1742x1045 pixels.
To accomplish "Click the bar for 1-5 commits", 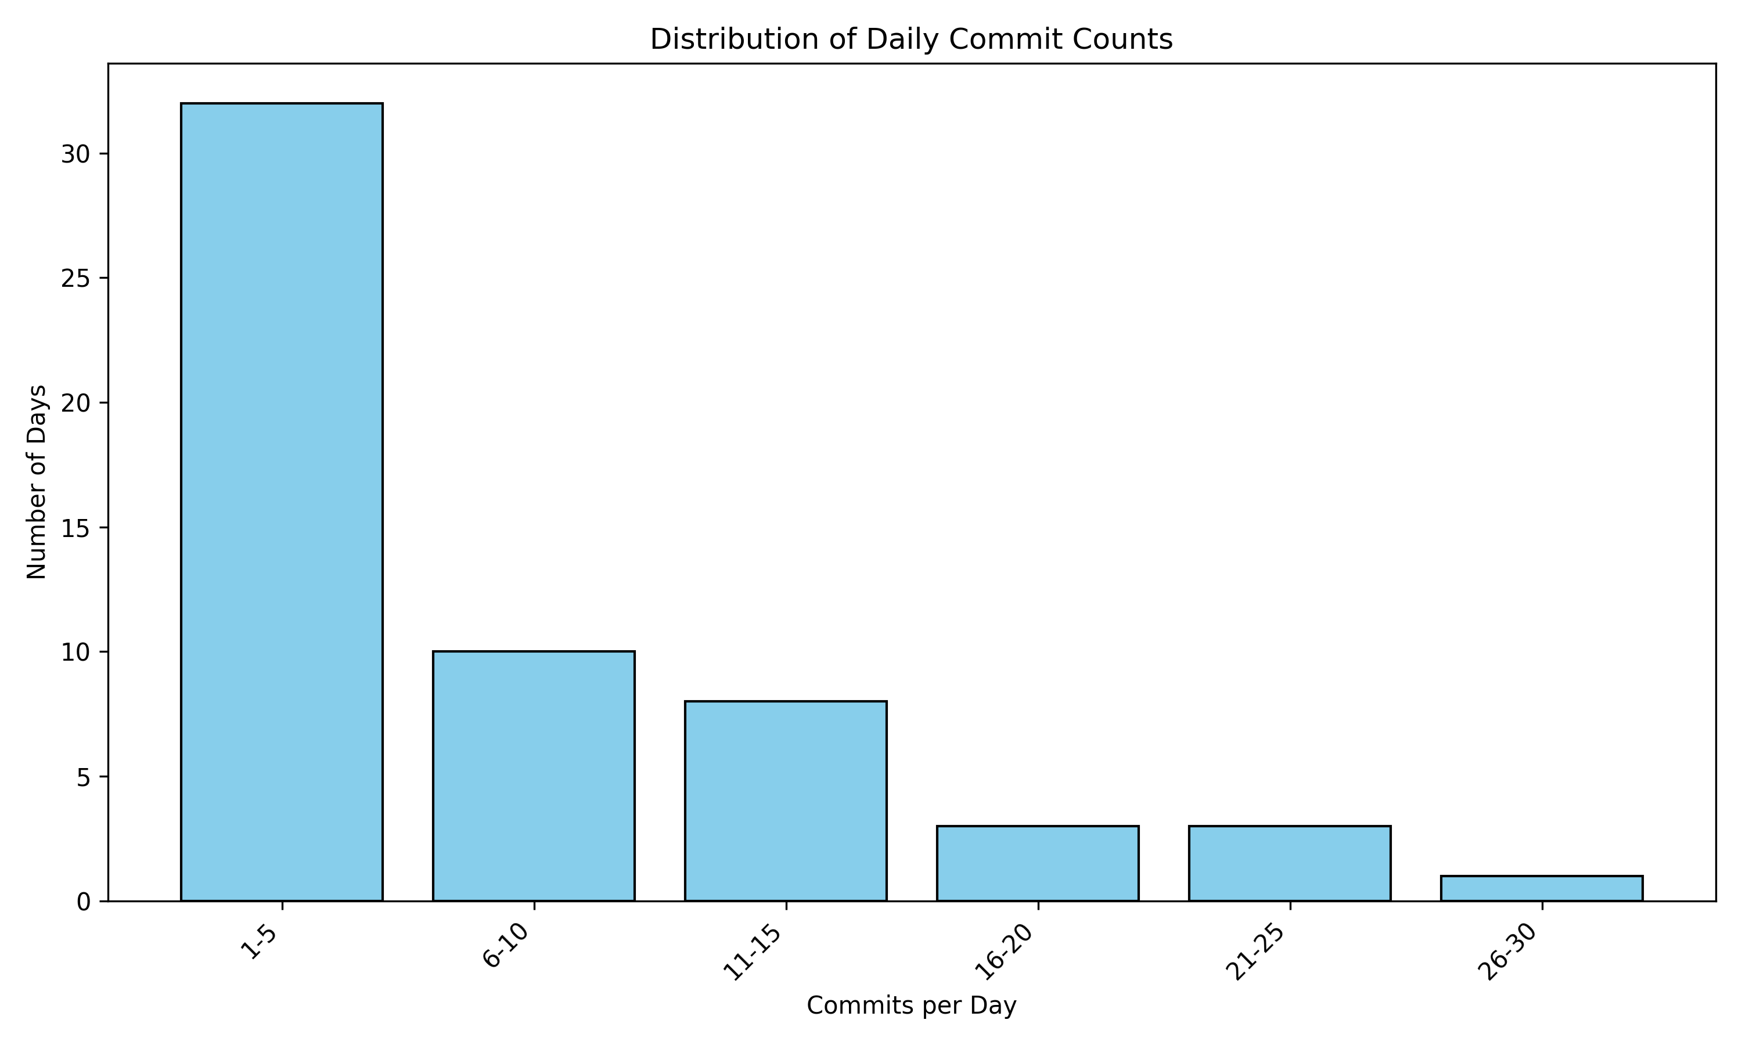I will point(282,502).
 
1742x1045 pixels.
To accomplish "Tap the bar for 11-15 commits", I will point(785,801).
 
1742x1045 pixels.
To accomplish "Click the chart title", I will point(911,39).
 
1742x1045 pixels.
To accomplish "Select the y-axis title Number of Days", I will point(37,482).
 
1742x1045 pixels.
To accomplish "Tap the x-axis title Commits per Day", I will point(911,1006).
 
